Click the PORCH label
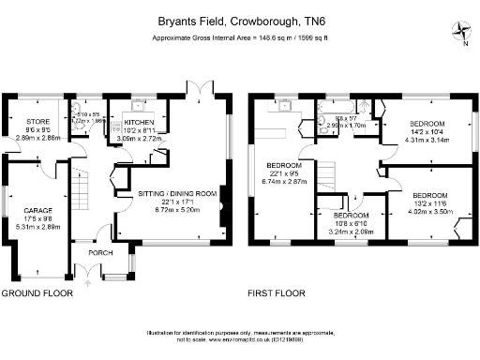[x=100, y=252]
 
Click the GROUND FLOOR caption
[x=37, y=293]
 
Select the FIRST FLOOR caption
[x=277, y=293]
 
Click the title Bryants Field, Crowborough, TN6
[x=239, y=18]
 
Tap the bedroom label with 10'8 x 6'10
[x=352, y=215]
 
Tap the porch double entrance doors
[x=90, y=271]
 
